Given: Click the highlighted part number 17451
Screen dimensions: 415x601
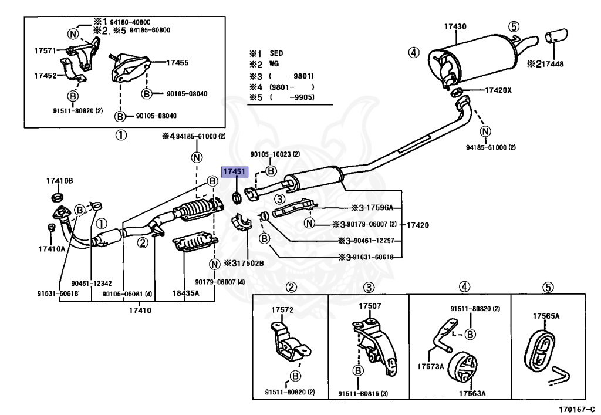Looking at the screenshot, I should [235, 171].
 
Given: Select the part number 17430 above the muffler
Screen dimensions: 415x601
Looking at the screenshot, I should [455, 26].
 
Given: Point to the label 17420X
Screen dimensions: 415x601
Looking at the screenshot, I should [498, 90].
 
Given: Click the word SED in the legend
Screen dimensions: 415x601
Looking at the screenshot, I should [276, 53].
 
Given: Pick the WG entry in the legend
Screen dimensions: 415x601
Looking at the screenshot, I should [274, 64].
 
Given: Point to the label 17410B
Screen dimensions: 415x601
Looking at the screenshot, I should [60, 181].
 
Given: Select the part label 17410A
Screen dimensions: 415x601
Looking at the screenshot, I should [52, 249].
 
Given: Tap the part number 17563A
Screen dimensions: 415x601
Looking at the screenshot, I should [472, 394].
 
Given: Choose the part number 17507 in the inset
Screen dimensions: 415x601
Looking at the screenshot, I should [370, 306].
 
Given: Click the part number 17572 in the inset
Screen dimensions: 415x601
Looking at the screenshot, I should [282, 309].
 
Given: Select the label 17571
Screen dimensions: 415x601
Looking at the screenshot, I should [45, 51].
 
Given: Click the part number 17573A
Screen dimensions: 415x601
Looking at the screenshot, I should [431, 367].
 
